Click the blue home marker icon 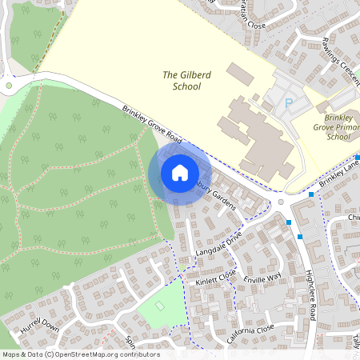[x=180, y=172]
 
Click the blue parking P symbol [x=289, y=102]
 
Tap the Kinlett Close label [x=215, y=278]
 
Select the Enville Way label [x=263, y=278]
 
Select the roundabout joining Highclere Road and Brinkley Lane [x=282, y=202]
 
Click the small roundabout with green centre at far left [x=9, y=85]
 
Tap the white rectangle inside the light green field [x=159, y=306]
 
